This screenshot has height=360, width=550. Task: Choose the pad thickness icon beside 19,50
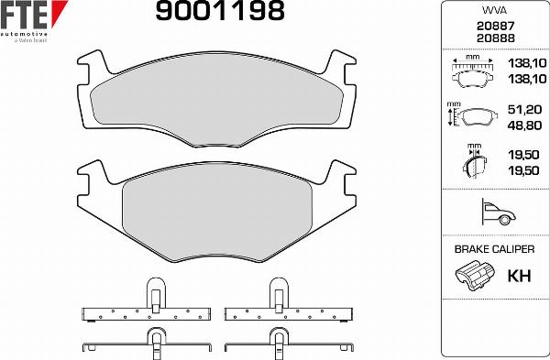click(472, 163)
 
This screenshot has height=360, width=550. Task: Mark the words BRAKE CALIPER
click(494, 248)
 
